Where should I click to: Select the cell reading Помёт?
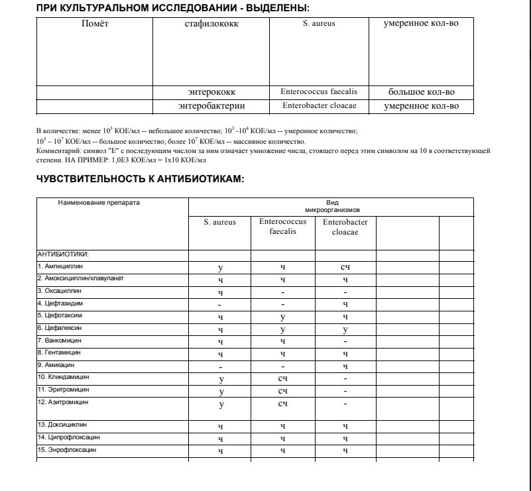tap(93, 25)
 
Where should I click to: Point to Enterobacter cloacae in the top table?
tap(319, 105)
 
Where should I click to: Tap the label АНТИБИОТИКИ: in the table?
tap(62, 253)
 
